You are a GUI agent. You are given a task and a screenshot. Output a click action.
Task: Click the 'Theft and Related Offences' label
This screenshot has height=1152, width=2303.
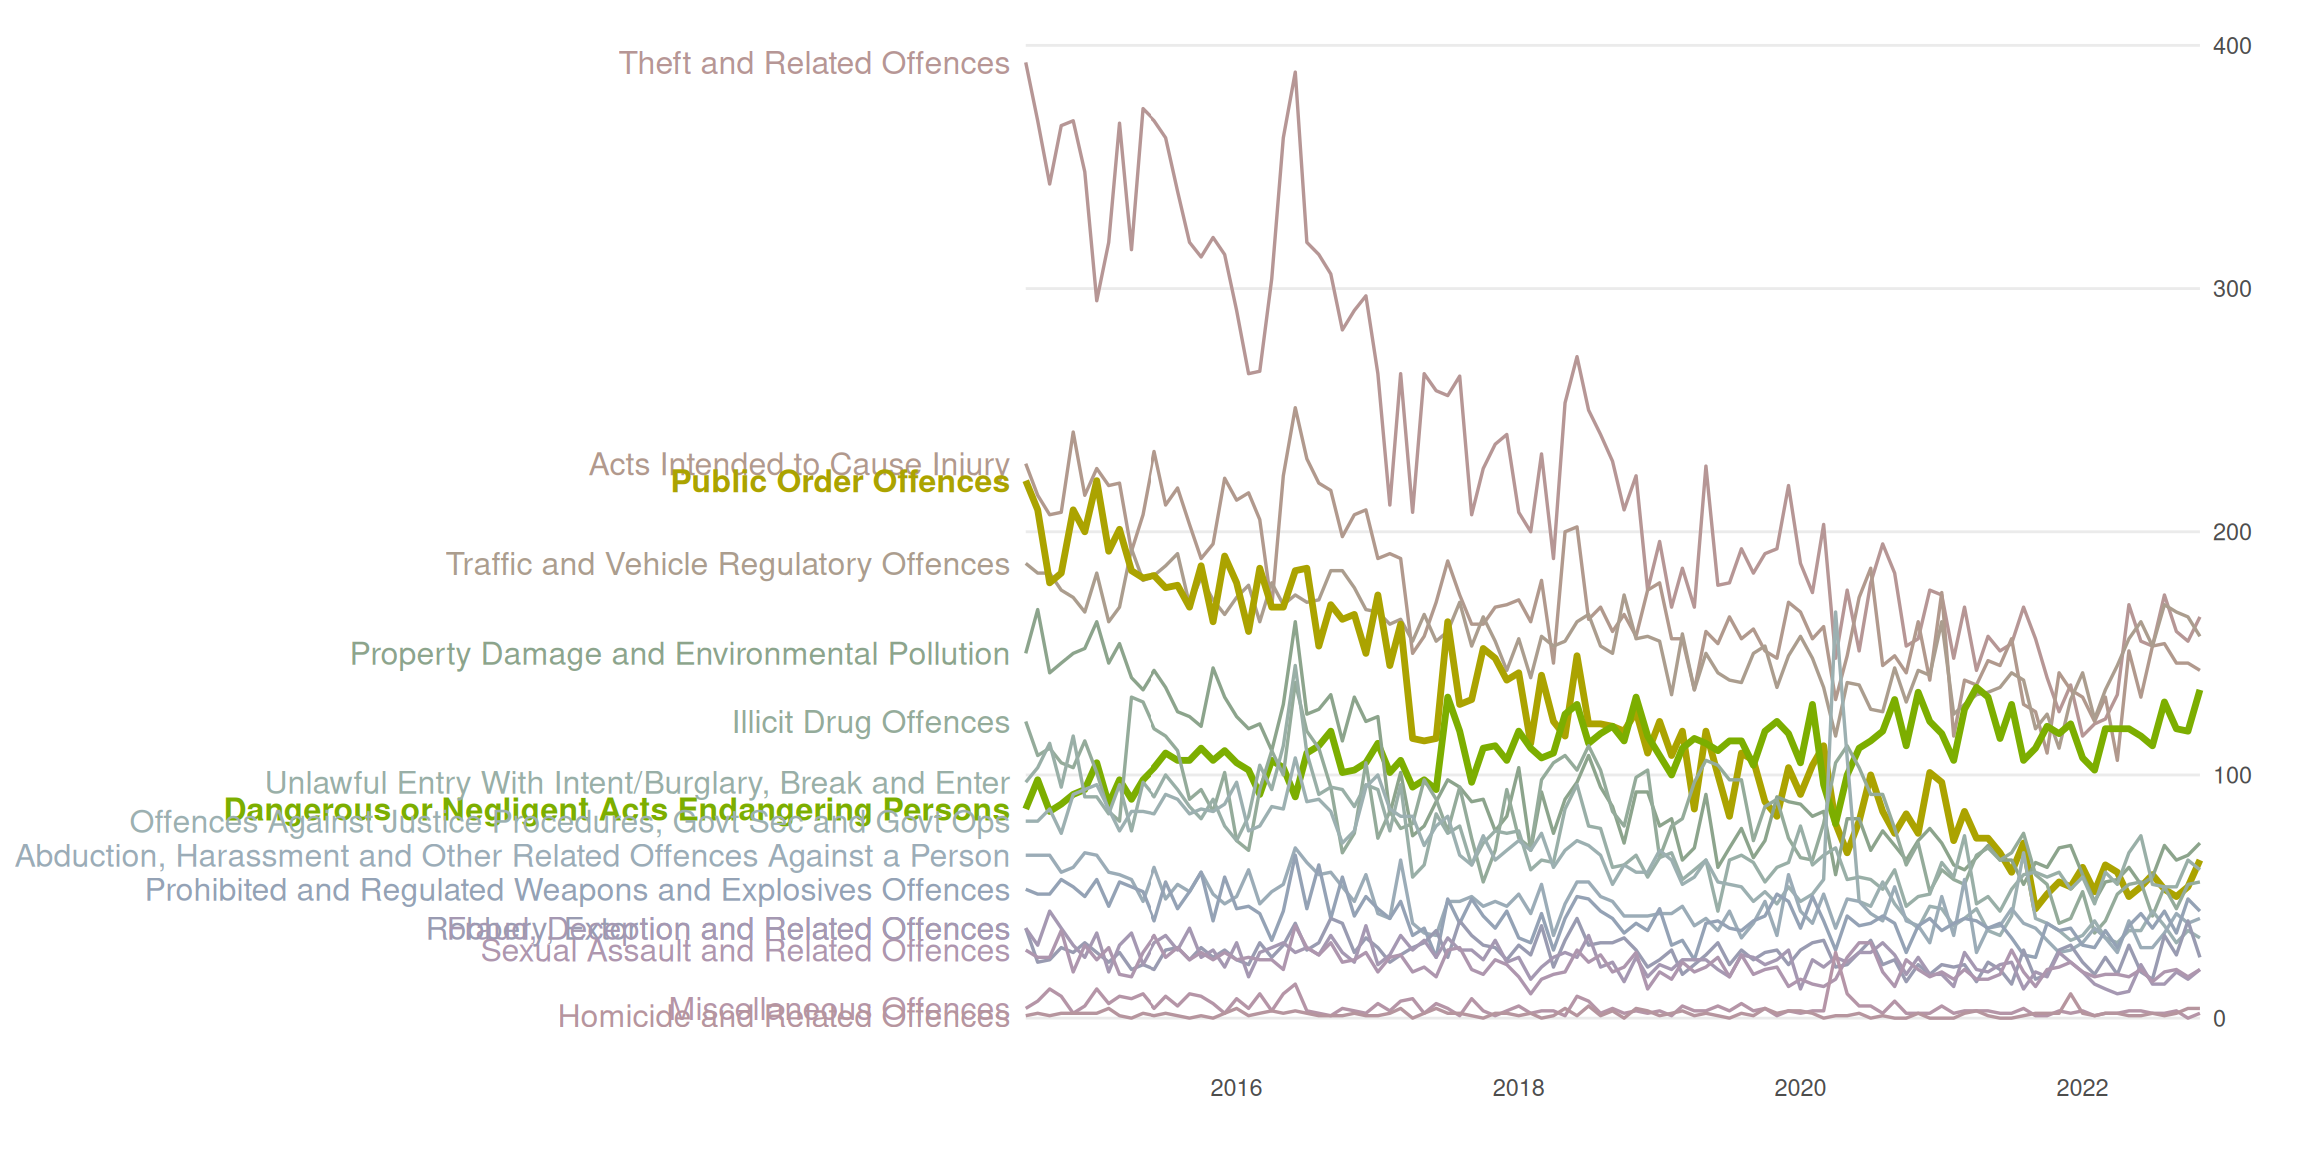[814, 63]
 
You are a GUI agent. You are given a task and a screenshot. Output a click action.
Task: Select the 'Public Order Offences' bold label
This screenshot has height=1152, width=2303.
[839, 482]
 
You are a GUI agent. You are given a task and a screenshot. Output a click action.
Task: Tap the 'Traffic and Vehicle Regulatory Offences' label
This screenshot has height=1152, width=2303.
[727, 564]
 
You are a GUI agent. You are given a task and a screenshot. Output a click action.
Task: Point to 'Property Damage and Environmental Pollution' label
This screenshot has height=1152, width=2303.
[679, 654]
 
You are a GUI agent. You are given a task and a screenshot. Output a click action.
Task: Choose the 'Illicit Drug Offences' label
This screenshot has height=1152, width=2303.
[870, 722]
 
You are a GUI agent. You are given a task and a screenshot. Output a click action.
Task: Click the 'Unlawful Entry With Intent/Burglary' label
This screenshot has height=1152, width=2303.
[637, 782]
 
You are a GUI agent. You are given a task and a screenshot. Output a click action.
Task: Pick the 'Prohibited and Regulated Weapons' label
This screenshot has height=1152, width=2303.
[577, 890]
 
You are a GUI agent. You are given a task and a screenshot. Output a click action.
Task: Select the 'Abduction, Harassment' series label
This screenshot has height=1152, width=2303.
[512, 856]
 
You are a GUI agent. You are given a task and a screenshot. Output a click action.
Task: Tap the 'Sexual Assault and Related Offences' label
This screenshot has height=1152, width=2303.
[745, 951]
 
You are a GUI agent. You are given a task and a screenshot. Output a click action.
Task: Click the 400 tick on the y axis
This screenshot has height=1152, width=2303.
[2232, 46]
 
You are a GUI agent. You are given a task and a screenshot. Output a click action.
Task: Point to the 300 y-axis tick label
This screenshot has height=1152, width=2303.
[2232, 289]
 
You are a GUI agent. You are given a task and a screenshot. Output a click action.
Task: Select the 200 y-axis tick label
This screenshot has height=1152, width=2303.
[2232, 532]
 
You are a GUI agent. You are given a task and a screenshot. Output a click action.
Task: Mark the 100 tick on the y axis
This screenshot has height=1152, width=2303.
[2232, 775]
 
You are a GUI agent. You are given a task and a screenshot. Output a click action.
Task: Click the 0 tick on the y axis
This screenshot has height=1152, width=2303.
[2219, 1019]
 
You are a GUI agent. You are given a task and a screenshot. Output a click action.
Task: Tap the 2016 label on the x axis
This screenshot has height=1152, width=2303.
[1236, 1088]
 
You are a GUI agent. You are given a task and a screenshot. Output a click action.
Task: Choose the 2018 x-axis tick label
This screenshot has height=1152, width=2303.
[1518, 1088]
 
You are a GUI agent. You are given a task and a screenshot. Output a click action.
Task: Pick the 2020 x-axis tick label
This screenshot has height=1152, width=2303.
[1800, 1088]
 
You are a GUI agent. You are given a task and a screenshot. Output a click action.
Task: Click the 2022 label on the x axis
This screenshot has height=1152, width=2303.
[2082, 1088]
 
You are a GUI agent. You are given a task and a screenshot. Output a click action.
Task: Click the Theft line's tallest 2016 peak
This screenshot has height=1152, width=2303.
[1295, 73]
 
